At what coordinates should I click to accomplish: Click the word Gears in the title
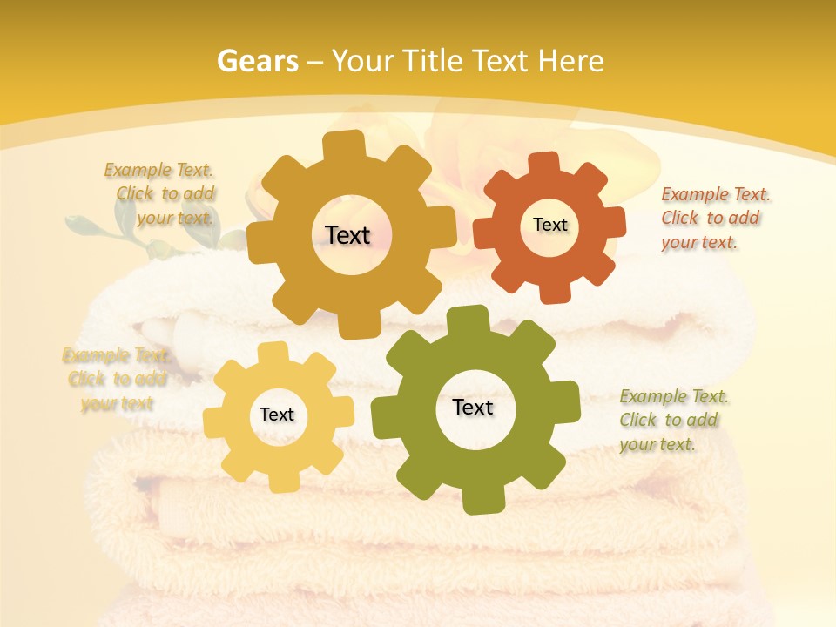(x=257, y=61)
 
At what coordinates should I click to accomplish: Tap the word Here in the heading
(x=571, y=61)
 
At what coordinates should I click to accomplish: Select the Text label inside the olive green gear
(x=473, y=408)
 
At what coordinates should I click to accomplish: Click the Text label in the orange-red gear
(x=549, y=225)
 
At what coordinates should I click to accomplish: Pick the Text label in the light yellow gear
(x=277, y=415)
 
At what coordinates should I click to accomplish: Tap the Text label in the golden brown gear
(x=347, y=235)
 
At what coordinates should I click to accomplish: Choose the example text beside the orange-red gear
(x=715, y=219)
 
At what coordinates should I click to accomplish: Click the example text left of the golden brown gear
(x=164, y=194)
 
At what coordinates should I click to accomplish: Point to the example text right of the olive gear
(x=673, y=421)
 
